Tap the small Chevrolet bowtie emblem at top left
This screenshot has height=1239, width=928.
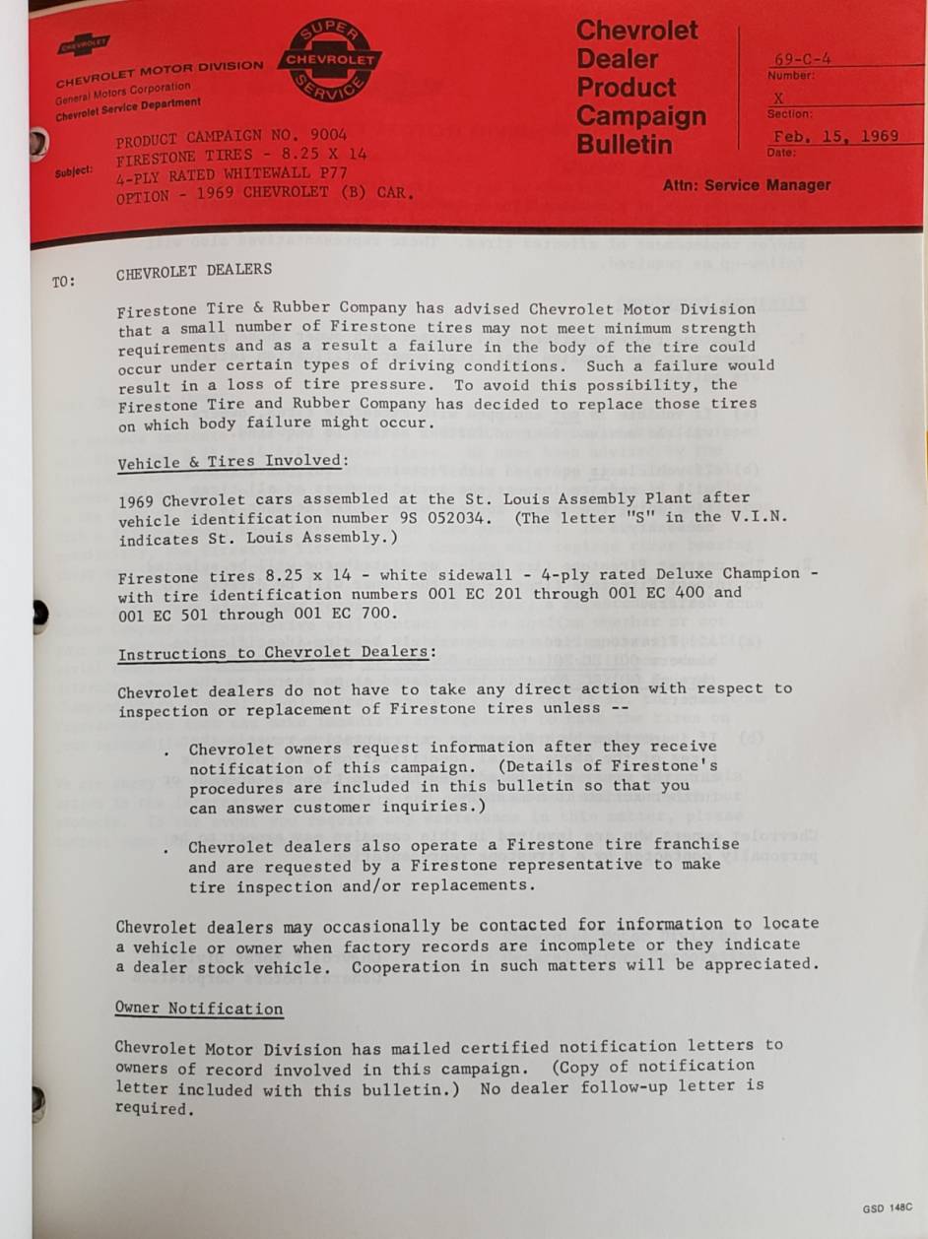(x=84, y=44)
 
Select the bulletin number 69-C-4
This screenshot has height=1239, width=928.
(x=803, y=59)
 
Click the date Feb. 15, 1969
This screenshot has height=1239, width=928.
(x=835, y=136)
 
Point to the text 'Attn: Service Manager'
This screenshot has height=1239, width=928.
(x=746, y=184)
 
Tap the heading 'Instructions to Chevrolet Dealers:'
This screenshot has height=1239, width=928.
(x=276, y=654)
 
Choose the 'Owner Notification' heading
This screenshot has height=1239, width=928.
(x=199, y=1009)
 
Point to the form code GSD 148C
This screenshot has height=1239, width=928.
(x=887, y=1207)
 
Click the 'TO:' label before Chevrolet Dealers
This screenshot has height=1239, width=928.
(x=63, y=282)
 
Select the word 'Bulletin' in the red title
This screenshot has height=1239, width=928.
(x=625, y=145)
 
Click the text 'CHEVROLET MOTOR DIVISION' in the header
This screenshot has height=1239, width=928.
(x=160, y=73)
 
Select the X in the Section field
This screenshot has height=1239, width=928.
(x=778, y=98)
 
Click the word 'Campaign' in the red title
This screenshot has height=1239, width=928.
(x=641, y=116)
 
